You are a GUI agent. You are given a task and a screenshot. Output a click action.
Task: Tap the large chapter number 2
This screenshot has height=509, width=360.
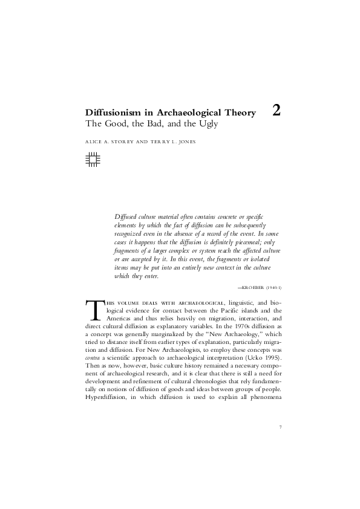276,110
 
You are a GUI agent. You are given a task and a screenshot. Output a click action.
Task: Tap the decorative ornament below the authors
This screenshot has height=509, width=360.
93,159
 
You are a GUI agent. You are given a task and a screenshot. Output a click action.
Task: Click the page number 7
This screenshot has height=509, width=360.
281,428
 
